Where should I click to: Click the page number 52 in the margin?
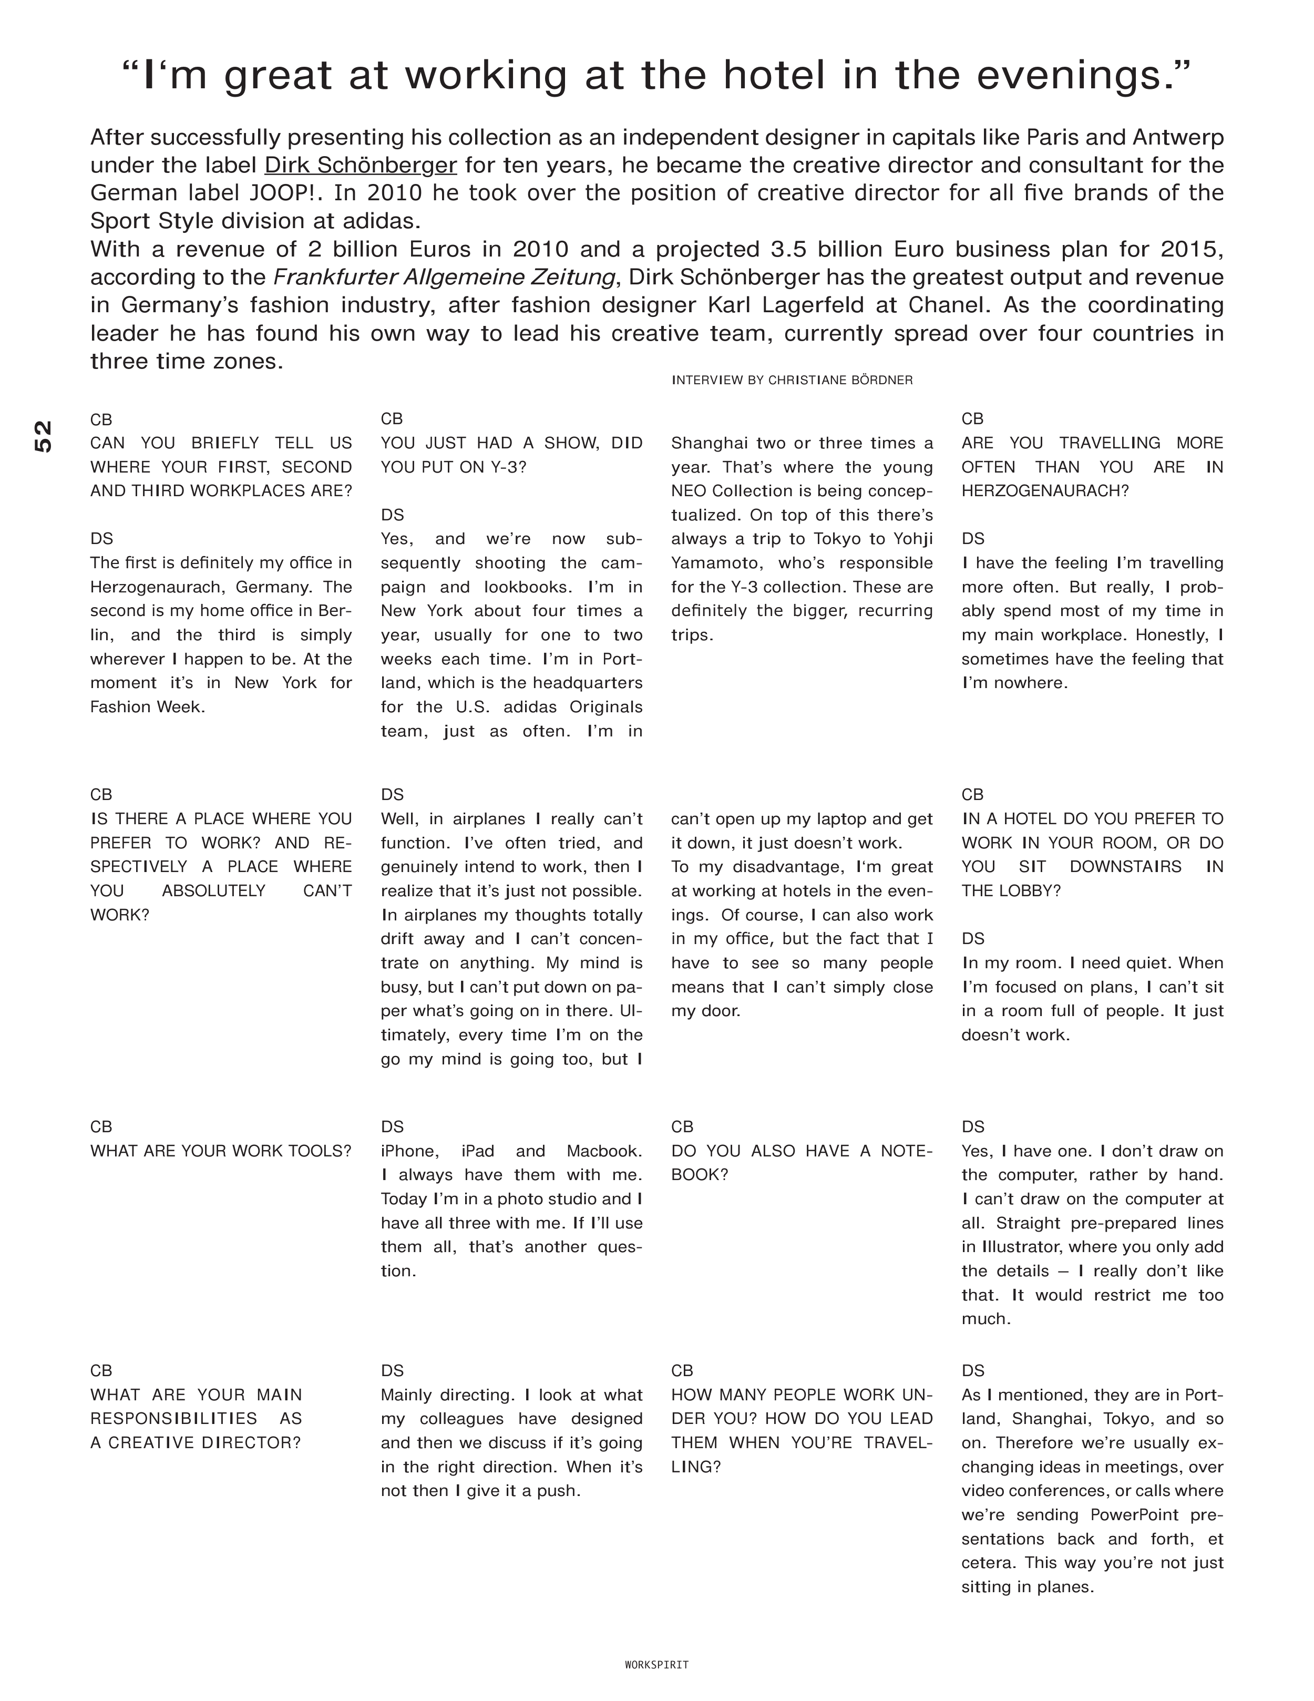(x=44, y=436)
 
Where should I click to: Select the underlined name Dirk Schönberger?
(x=361, y=165)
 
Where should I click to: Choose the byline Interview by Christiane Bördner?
(x=792, y=380)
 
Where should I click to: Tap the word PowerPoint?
(x=1134, y=1515)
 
